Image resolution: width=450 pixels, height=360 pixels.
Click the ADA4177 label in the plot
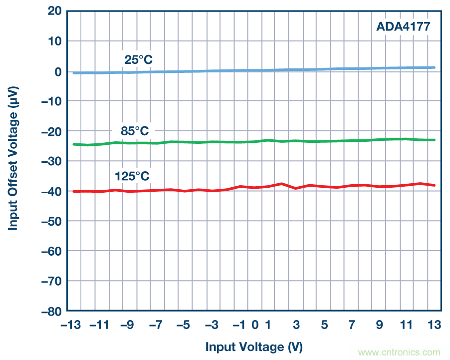[403, 25]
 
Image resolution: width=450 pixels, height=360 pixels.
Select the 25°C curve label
[138, 60]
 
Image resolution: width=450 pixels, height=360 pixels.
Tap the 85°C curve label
[135, 131]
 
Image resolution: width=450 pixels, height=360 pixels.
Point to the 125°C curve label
[132, 176]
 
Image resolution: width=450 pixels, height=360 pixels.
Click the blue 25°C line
[249, 70]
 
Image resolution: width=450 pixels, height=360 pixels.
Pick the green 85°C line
[249, 142]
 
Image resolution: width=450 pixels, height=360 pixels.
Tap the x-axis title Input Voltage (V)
[254, 347]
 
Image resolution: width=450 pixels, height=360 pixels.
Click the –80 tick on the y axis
[49, 311]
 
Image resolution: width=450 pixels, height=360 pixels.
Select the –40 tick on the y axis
[49, 191]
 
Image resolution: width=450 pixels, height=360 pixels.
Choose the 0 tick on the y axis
[57, 71]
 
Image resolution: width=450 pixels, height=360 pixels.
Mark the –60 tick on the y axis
[49, 251]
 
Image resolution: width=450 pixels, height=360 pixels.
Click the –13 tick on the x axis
[71, 325]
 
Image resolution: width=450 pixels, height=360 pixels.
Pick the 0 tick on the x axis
[255, 325]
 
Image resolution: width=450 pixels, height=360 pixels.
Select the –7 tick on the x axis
[155, 325]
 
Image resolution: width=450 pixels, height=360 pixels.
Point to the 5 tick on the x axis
[324, 325]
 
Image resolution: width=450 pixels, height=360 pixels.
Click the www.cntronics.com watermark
[400, 352]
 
